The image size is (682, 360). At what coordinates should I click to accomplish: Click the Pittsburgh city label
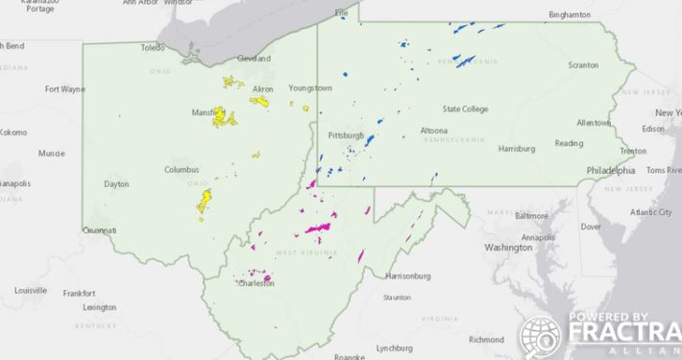(x=346, y=135)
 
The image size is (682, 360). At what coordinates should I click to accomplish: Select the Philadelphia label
(x=610, y=171)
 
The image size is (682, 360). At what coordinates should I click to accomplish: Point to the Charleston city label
(x=255, y=284)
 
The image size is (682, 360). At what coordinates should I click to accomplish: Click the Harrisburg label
(x=517, y=149)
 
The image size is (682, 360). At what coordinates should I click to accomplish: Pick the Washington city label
(x=508, y=247)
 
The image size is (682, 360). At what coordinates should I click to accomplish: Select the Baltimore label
(x=532, y=216)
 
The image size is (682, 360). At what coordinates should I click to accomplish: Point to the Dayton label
(x=116, y=183)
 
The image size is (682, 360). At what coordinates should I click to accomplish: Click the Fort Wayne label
(x=64, y=89)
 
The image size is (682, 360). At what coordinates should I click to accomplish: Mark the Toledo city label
(x=154, y=47)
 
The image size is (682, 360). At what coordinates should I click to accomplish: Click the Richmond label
(x=486, y=339)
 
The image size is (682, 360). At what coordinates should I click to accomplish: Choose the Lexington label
(x=100, y=307)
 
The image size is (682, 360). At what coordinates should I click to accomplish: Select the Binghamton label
(x=569, y=15)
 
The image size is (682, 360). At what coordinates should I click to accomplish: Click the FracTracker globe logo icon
(x=540, y=336)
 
